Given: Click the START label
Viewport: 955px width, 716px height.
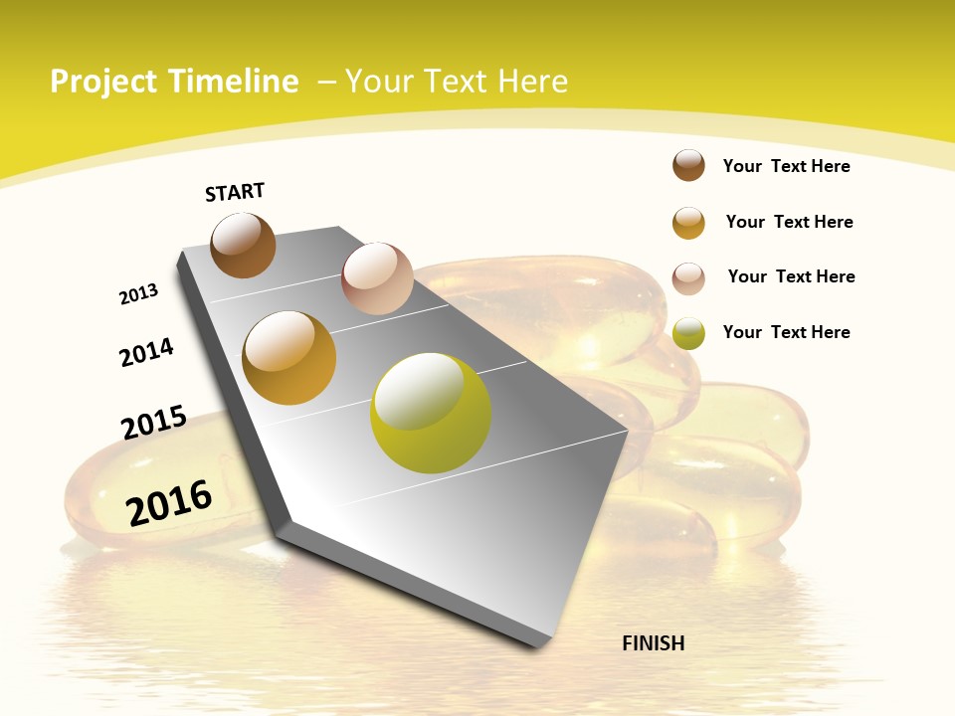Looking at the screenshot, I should click(235, 192).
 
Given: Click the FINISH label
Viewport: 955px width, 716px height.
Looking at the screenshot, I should click(654, 643).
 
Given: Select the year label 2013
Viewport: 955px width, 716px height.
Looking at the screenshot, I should click(139, 294).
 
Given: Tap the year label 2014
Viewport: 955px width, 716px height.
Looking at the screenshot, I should click(147, 352).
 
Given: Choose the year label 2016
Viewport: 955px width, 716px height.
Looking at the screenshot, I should click(170, 502).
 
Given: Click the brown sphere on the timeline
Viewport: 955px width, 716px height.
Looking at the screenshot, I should click(243, 245).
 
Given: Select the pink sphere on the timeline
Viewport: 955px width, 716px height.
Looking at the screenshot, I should click(377, 277).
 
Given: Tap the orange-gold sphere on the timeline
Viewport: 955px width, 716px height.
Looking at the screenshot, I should click(289, 357).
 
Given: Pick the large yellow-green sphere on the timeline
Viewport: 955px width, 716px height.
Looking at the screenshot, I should click(431, 413).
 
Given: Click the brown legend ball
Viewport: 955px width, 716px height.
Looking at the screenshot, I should click(688, 166).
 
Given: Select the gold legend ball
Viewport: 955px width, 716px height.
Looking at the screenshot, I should click(688, 223).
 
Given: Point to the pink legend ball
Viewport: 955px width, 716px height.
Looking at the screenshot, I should click(688, 278).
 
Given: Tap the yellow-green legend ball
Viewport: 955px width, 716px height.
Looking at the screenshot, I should click(688, 333).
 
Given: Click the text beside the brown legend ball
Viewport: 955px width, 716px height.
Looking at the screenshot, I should click(786, 166).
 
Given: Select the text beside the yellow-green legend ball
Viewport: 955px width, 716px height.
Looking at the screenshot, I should click(786, 332).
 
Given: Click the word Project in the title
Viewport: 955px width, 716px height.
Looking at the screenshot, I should click(104, 82).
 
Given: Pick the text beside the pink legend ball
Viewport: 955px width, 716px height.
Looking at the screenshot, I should click(791, 276).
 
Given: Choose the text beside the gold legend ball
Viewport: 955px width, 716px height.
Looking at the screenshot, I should click(789, 222).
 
